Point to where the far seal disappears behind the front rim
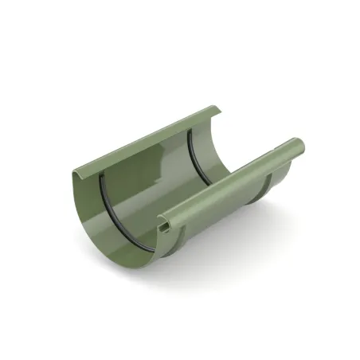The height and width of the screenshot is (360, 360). (209, 184)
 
